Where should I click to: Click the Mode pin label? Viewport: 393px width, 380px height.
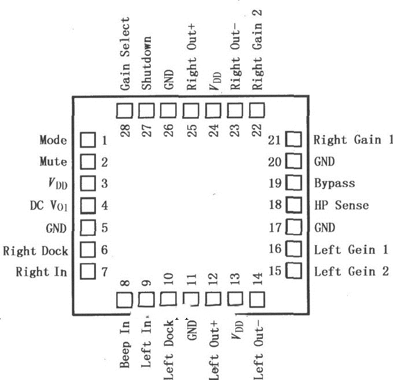tap(53, 140)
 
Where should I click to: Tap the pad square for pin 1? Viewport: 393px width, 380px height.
tap(87, 140)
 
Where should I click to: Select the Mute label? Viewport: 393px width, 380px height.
tap(53, 162)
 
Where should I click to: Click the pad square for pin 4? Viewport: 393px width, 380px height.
tap(87, 205)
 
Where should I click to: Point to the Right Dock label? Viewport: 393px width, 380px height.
tap(35, 251)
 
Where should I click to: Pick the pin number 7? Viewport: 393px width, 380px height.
tap(105, 271)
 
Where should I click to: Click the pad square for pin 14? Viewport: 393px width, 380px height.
tap(257, 299)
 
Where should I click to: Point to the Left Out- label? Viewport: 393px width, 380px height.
tap(258, 348)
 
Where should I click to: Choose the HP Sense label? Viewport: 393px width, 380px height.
tap(341, 205)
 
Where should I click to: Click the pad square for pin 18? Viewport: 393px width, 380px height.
tap(294, 205)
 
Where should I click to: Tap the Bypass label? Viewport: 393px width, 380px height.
tap(334, 184)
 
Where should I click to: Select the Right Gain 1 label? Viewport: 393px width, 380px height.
tap(353, 140)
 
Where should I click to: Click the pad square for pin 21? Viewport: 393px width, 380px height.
tap(294, 140)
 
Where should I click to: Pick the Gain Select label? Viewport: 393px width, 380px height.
tap(125, 53)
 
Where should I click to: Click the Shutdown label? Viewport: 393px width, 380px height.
tap(147, 63)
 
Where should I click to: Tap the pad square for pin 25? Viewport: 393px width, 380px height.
tap(191, 109)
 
